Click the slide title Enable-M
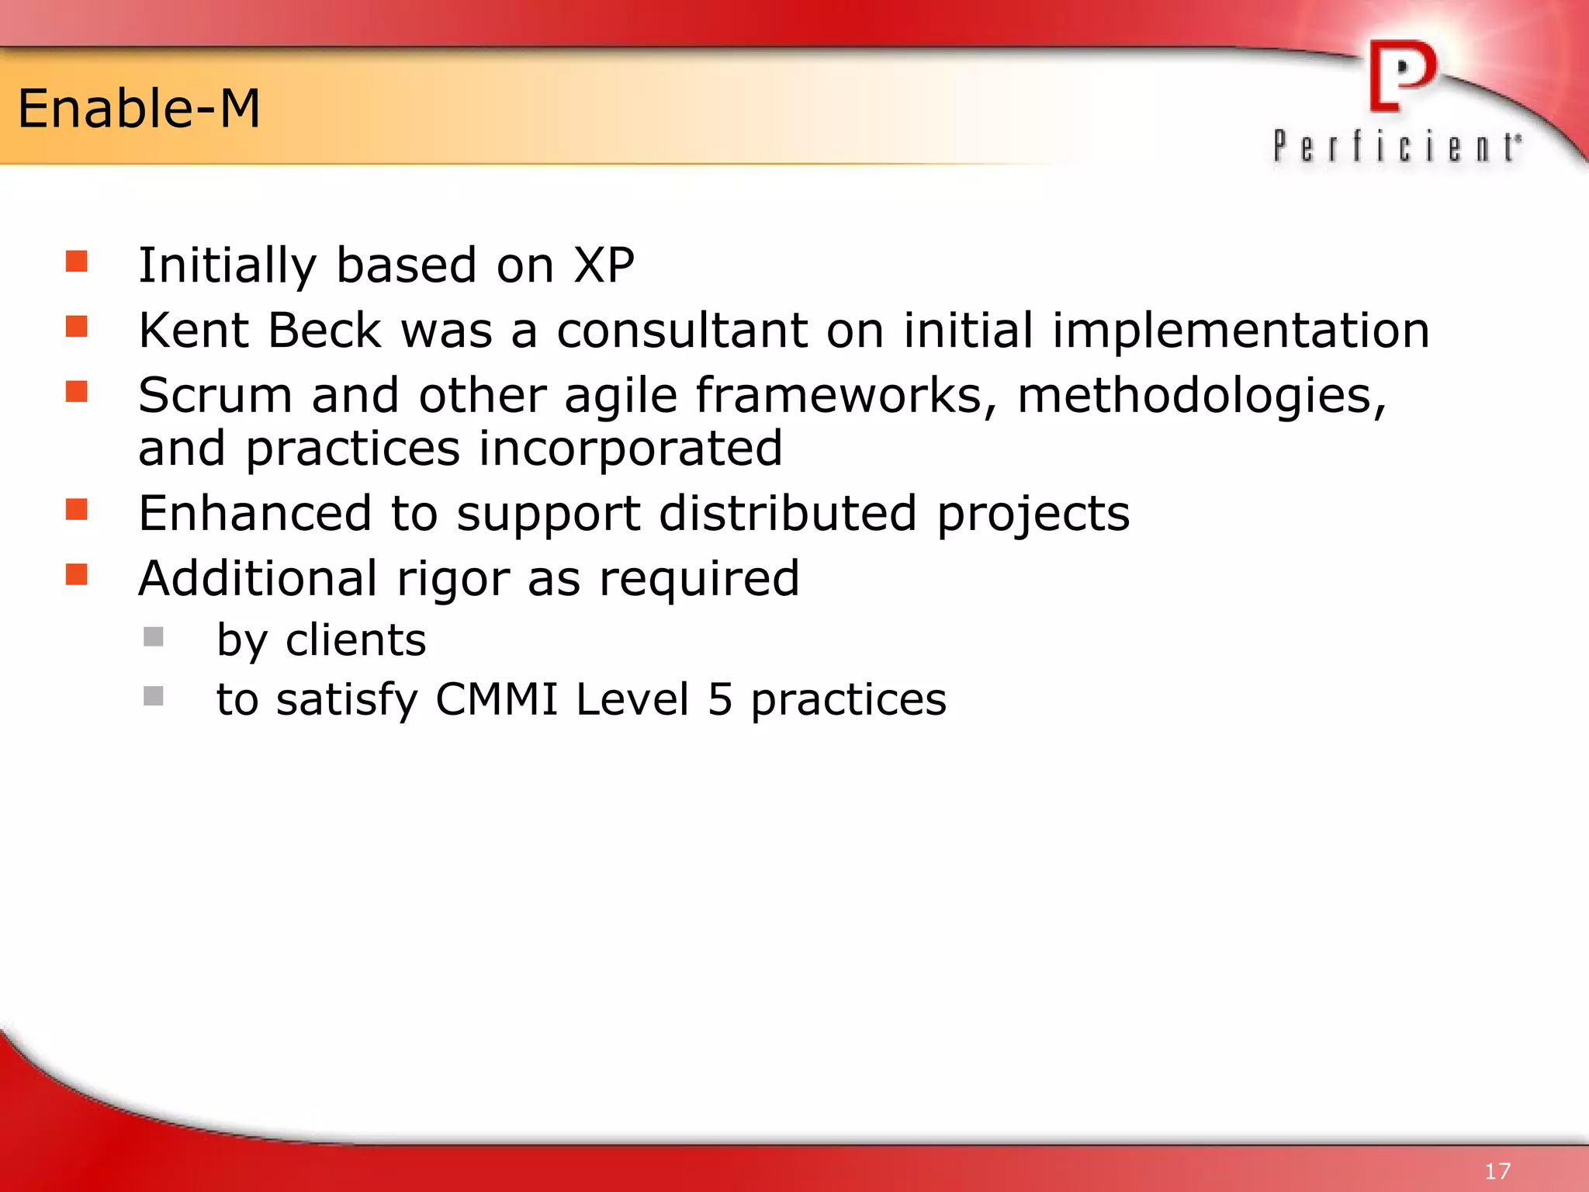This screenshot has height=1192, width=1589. (139, 109)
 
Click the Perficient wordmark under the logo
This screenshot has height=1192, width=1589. (1397, 147)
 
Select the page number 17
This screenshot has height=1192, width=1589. (1497, 1170)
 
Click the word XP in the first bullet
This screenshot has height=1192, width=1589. (604, 265)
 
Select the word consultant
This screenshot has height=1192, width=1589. (682, 331)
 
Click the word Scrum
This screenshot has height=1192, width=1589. (215, 396)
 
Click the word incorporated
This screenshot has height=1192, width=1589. (630, 449)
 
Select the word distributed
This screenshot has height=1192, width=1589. (788, 514)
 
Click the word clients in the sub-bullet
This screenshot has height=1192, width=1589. (355, 640)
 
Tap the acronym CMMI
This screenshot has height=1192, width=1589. (497, 699)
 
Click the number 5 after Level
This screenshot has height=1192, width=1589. (719, 699)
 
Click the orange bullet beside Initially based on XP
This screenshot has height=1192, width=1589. (76, 261)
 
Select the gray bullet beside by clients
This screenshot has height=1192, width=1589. (154, 637)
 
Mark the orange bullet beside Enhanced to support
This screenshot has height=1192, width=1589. (76, 510)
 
